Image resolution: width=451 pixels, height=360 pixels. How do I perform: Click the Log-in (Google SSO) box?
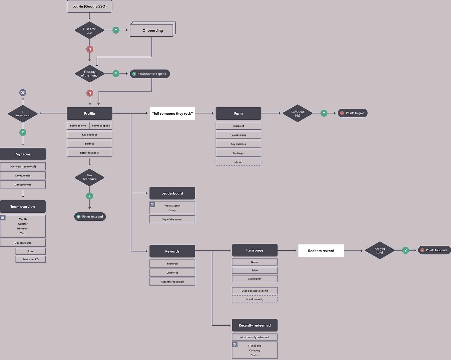(x=89, y=6)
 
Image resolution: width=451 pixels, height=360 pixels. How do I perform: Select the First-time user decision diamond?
(x=89, y=30)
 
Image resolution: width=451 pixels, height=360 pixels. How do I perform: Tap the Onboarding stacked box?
(x=152, y=30)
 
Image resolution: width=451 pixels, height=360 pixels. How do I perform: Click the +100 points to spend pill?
(x=150, y=74)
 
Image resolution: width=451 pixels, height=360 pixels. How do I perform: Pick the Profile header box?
(x=89, y=113)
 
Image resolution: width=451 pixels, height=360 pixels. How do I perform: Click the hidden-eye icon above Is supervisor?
(x=23, y=92)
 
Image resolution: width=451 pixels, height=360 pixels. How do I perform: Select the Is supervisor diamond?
(x=23, y=113)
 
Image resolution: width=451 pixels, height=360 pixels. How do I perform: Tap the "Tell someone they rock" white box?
(x=172, y=113)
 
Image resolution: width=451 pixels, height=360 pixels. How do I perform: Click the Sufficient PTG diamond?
(x=297, y=113)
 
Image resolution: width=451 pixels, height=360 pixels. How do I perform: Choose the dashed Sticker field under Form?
(x=238, y=162)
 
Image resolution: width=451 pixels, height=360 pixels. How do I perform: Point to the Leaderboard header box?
(x=172, y=193)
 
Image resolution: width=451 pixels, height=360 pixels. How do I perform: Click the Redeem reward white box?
(x=321, y=251)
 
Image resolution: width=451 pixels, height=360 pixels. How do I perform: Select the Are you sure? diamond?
(x=380, y=250)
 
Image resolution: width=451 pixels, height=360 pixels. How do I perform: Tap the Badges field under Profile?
(x=89, y=144)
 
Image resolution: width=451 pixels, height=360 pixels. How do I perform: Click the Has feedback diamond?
(x=89, y=177)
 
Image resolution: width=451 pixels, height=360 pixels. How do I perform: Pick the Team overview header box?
(x=23, y=207)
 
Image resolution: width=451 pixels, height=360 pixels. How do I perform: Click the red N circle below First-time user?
(x=89, y=49)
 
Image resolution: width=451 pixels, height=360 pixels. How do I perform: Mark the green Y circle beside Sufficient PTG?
(x=324, y=113)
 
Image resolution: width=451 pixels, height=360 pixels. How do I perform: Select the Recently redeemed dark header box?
(x=254, y=325)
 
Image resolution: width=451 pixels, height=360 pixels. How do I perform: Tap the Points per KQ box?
(x=30, y=259)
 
